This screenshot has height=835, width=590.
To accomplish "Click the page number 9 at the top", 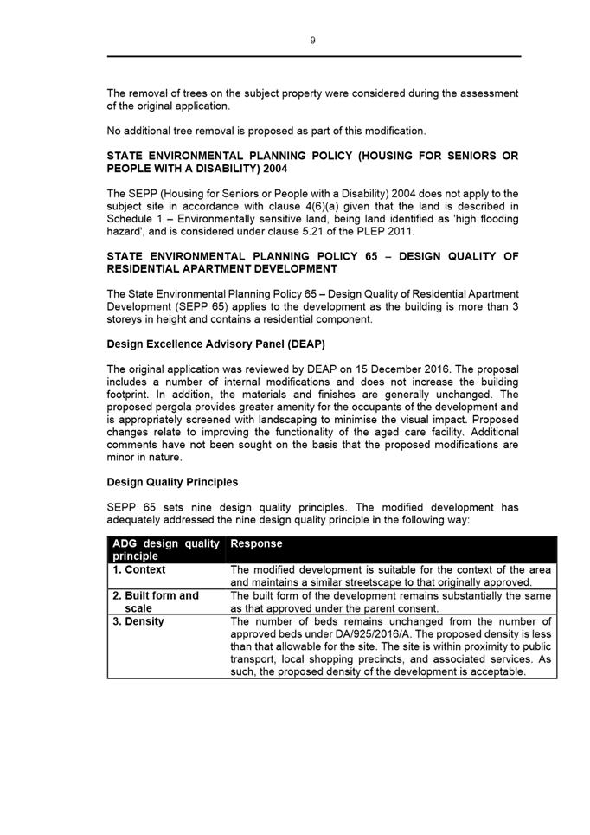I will [x=312, y=40].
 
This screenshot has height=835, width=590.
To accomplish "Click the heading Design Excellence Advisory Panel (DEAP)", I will [x=215, y=344].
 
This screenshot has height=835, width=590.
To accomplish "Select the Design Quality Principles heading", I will [x=172, y=482].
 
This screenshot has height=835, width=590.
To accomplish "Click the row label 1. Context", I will [x=139, y=570].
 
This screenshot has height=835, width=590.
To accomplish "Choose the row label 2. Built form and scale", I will [x=156, y=601].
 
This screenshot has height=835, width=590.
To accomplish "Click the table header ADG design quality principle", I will [x=164, y=549].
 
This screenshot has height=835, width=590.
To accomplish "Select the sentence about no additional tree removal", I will [x=266, y=131].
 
